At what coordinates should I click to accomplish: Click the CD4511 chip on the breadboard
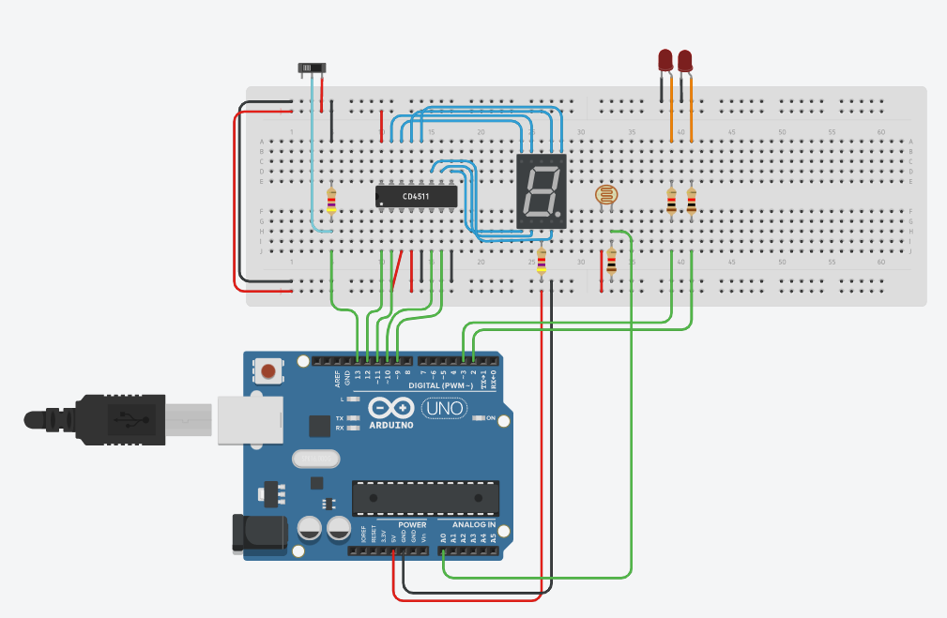click(416, 196)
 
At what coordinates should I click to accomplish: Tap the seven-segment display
click(542, 191)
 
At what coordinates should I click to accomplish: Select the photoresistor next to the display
click(607, 196)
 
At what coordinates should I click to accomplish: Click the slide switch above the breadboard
click(313, 68)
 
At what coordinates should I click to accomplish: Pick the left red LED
click(664, 61)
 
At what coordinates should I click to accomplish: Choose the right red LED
click(685, 61)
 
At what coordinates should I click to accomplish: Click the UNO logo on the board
click(444, 409)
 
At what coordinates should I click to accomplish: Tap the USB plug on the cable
click(122, 418)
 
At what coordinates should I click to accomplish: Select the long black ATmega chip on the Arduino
click(425, 498)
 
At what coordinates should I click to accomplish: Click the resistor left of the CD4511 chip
click(331, 200)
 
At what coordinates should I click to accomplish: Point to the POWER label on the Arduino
click(411, 524)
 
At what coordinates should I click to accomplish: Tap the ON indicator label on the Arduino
click(490, 418)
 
